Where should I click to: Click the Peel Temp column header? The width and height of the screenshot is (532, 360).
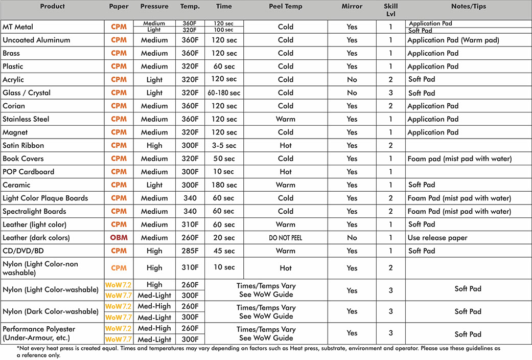(286, 7)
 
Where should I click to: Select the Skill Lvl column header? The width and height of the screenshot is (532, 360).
(390, 10)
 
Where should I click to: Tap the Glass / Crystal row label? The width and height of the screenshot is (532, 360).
(27, 93)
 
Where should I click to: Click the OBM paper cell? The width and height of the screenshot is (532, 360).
(119, 238)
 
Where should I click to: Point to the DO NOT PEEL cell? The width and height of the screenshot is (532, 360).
(286, 238)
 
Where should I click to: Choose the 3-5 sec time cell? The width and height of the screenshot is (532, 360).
(224, 146)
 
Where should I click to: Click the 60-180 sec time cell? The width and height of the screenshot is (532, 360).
(224, 93)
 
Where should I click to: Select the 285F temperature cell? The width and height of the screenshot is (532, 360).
(190, 251)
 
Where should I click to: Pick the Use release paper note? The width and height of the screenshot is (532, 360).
(438, 238)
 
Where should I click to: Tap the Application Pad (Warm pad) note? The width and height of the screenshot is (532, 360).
(453, 40)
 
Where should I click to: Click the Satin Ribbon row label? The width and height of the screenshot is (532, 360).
(24, 146)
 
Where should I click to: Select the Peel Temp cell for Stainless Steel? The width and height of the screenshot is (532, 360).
(286, 119)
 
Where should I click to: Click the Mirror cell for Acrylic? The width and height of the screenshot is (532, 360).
(352, 80)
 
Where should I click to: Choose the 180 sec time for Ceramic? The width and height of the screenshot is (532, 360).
(224, 185)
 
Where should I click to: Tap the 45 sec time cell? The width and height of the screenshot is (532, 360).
(224, 251)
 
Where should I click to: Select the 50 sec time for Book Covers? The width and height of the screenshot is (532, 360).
(224, 159)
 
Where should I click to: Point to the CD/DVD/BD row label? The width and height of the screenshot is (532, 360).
(25, 251)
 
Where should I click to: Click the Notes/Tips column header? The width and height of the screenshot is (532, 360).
(468, 7)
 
